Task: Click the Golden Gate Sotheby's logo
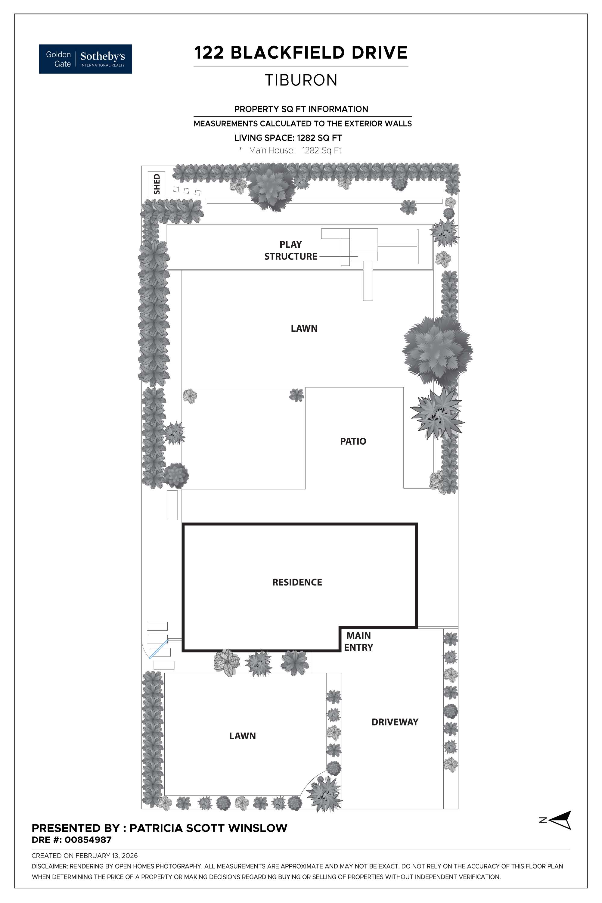pos(85,59)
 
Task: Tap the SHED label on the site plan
pos(156,184)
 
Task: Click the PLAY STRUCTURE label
pos(291,250)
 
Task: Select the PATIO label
pos(353,441)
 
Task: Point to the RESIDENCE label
pos(297,582)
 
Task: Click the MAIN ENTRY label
pos(358,641)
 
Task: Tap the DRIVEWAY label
pos(395,722)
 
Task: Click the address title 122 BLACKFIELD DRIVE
pos(301,53)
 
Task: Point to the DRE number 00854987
pos(88,840)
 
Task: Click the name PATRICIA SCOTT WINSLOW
pos(208,828)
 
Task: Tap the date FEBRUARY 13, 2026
pos(106,855)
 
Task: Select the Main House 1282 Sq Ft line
pos(295,150)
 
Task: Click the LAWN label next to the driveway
pos(242,736)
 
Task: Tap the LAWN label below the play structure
pos(304,328)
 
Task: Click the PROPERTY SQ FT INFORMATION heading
pos(301,109)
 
